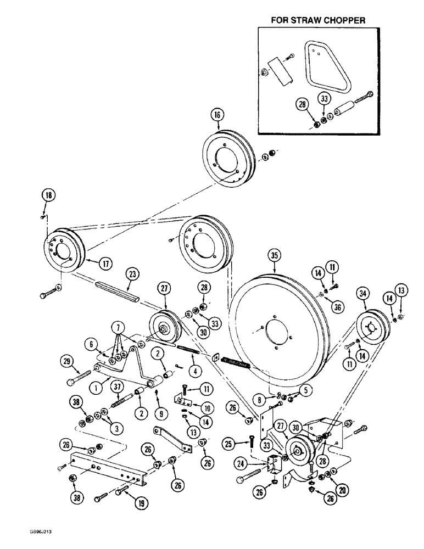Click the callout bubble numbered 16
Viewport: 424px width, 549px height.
217,115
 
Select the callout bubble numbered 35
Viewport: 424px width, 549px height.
275,255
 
